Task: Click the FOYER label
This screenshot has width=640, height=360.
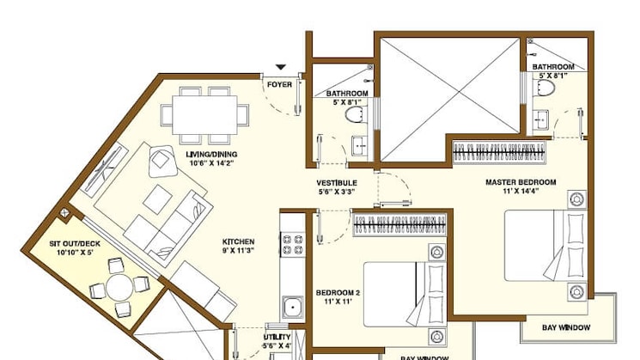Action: coord(279,84)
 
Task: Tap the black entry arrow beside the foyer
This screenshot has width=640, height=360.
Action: coord(280,67)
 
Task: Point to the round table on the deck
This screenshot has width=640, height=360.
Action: coord(121,287)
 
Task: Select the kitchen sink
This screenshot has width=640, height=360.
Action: coord(293,306)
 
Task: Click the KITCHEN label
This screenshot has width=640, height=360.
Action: coord(239,242)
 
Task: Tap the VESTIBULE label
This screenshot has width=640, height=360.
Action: coord(336,183)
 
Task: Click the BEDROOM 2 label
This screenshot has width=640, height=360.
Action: coord(337,293)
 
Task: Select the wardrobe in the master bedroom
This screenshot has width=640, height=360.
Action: coord(500,153)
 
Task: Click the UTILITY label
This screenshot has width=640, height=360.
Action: coord(278,337)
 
